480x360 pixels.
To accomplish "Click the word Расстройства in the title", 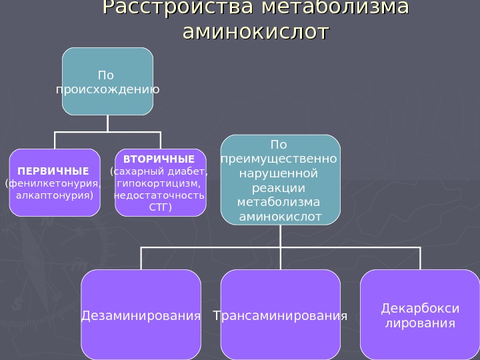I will coord(178,9).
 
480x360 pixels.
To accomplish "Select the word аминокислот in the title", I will coord(256,32).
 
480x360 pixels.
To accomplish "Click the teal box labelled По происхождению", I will coord(108,81).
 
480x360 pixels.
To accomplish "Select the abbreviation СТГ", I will coord(160,207).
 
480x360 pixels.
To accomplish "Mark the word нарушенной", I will coord(279,173).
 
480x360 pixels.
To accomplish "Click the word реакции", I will coord(280,188).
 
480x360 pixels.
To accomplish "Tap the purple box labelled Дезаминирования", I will coord(141,315).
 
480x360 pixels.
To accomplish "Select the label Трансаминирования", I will coord(280,315).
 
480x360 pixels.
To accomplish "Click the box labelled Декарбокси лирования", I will coord(419,315).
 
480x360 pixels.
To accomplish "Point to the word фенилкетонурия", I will coord(53,183).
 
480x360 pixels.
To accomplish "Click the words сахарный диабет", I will coord(159,171).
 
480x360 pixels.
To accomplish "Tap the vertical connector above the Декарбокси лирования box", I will coord(421,259).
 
